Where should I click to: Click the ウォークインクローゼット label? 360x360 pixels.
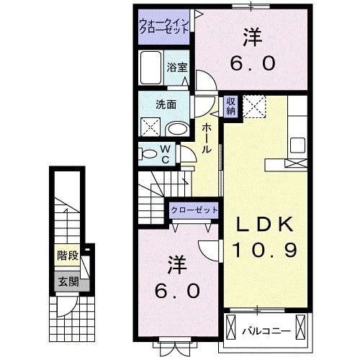pyautogui.click(x=164, y=26)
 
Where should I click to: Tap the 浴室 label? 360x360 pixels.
pyautogui.click(x=177, y=68)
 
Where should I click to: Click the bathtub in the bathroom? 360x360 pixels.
pyautogui.click(x=150, y=68)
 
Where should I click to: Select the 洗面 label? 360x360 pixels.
pyautogui.click(x=166, y=104)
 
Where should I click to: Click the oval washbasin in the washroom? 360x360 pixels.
pyautogui.click(x=178, y=130)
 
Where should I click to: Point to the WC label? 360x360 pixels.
pyautogui.click(x=166, y=154)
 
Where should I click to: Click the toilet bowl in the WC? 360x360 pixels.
pyautogui.click(x=148, y=154)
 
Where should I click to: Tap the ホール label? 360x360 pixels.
pyautogui.click(x=207, y=139)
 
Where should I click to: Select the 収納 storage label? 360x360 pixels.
pyautogui.click(x=230, y=107)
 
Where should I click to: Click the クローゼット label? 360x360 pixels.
pyautogui.click(x=194, y=210)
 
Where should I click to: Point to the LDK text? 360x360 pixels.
pyautogui.click(x=265, y=225)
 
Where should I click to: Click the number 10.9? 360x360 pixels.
pyautogui.click(x=265, y=250)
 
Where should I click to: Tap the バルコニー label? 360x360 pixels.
pyautogui.click(x=266, y=331)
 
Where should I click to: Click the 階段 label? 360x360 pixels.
pyautogui.click(x=68, y=256)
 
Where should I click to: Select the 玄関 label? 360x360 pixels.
pyautogui.click(x=68, y=282)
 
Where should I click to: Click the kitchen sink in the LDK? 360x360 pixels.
pyautogui.click(x=297, y=145)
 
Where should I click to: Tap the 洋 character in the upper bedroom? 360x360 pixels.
pyautogui.click(x=252, y=37)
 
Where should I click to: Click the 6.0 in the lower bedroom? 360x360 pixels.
pyautogui.click(x=177, y=291)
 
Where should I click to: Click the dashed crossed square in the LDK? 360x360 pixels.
pyautogui.click(x=254, y=107)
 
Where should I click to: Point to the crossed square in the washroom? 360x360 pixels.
pyautogui.click(x=150, y=127)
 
